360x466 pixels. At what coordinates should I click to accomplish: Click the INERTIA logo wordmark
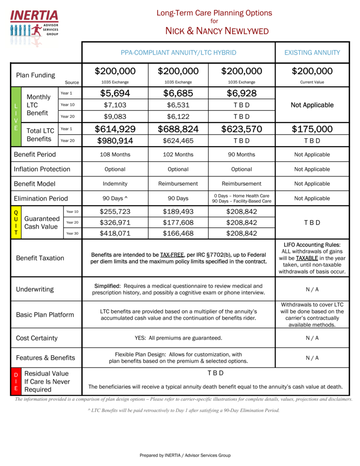[34, 16]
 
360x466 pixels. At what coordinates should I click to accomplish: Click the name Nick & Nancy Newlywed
[217, 31]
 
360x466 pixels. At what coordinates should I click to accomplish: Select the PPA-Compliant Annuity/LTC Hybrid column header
[178, 53]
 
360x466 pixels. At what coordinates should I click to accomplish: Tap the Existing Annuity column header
[312, 53]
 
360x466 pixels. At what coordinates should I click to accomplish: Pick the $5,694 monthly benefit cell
[115, 93]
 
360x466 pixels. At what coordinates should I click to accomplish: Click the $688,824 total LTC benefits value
[178, 129]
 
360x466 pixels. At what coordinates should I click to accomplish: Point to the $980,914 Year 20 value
[115, 140]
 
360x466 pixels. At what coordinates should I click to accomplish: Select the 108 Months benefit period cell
[115, 154]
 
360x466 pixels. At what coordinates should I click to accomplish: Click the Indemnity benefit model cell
[115, 184]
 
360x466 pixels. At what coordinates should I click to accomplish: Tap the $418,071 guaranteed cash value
[115, 233]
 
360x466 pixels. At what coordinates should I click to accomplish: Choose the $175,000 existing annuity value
[312, 129]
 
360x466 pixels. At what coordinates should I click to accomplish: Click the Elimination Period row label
[41, 198]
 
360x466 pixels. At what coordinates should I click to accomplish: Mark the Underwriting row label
[35, 289]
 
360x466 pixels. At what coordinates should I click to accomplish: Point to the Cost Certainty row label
[37, 338]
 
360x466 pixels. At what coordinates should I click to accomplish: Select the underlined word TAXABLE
[307, 258]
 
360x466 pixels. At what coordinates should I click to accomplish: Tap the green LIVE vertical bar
[16, 117]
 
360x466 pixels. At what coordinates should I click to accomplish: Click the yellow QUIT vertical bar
[16, 223]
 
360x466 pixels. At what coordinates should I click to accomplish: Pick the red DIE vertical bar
[16, 381]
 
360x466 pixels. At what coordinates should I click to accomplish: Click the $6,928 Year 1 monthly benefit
[241, 93]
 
